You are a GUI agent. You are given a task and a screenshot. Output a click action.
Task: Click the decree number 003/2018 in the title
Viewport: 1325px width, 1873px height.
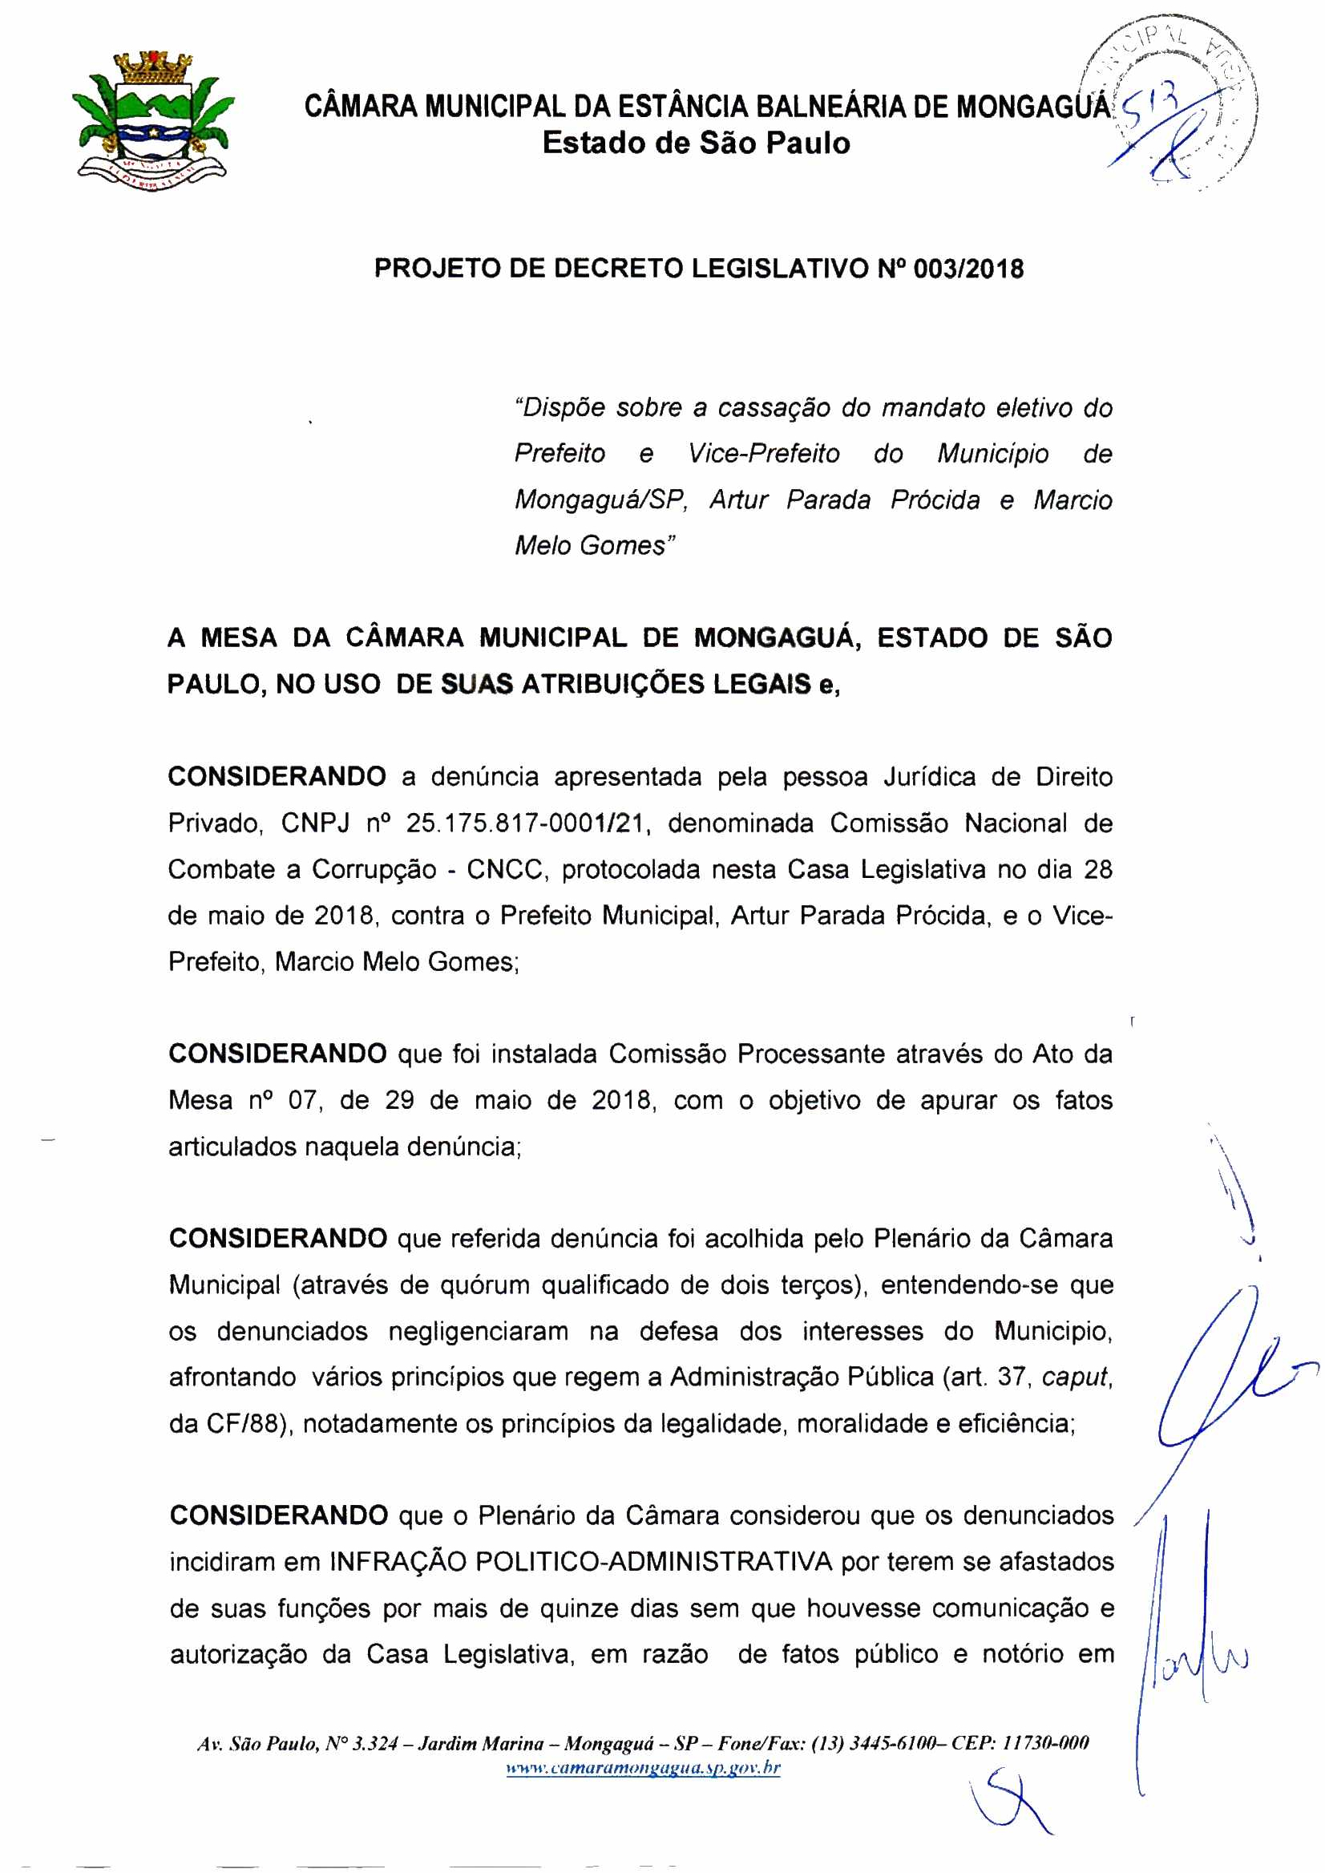[967, 269]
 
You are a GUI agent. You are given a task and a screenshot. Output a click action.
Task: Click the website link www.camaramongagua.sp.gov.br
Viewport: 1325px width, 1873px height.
[643, 1768]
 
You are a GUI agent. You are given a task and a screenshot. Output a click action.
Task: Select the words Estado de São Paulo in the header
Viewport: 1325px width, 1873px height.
[696, 144]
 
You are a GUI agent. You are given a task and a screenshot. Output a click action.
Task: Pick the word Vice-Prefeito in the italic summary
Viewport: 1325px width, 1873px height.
[763, 453]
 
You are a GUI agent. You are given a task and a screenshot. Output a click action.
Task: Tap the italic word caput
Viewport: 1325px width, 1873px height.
[1076, 1377]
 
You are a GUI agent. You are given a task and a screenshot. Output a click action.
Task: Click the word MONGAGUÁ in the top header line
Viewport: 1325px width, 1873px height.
[1032, 107]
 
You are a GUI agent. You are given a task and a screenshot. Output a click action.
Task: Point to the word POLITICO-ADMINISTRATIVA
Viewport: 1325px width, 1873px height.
[653, 1562]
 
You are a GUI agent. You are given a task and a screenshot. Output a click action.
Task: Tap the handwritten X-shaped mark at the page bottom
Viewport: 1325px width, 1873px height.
[1008, 1802]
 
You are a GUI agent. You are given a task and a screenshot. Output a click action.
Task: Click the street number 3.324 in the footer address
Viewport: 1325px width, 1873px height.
[373, 1744]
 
